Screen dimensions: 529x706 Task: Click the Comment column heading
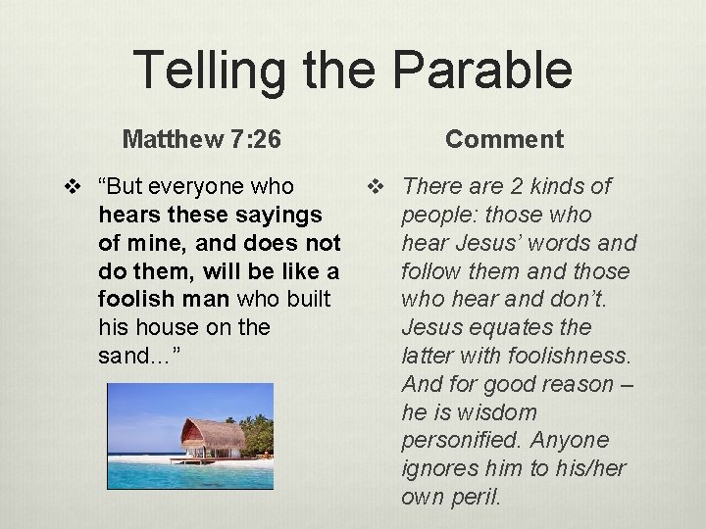[x=504, y=139]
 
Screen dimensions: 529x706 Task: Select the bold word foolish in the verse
[x=134, y=299]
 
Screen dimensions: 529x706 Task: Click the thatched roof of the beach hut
[x=212, y=432]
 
